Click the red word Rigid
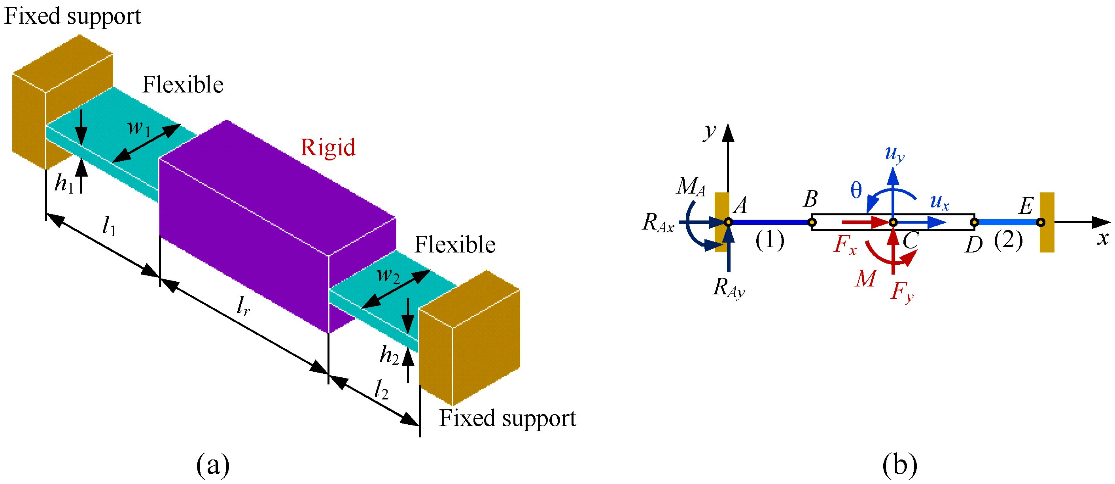(327, 147)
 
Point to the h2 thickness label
(389, 356)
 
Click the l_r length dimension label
(243, 307)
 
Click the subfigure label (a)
(212, 465)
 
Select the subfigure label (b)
(899, 465)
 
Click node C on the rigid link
(893, 223)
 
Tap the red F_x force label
(845, 245)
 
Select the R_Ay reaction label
(729, 288)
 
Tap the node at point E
(1041, 223)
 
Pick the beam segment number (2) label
(1008, 240)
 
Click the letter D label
(974, 245)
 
